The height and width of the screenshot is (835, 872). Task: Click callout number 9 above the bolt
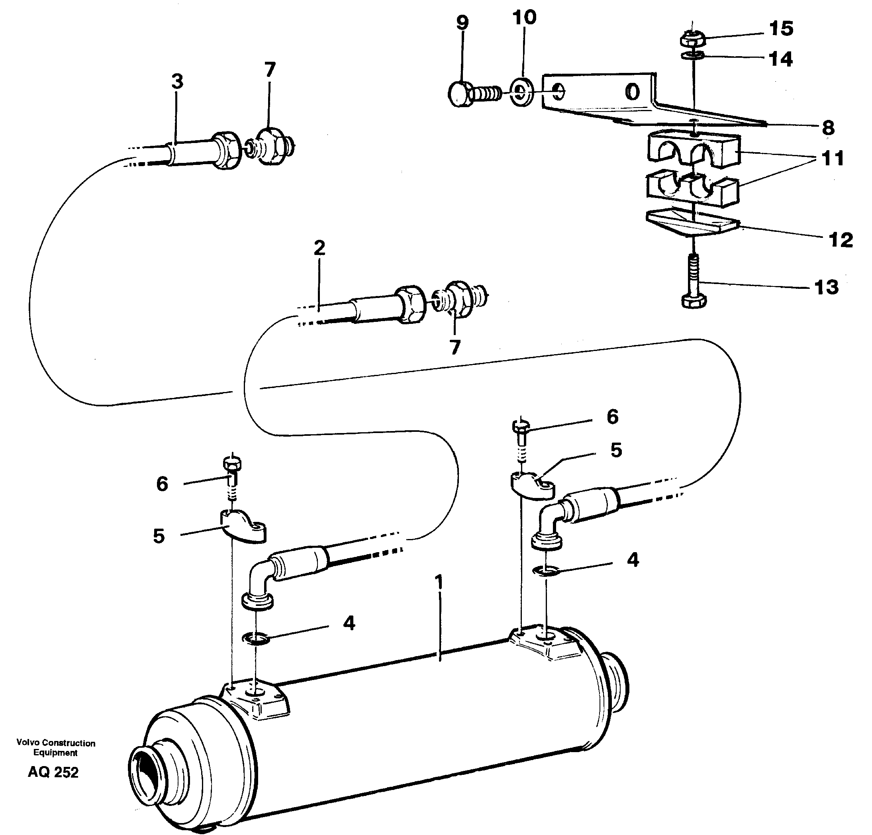pyautogui.click(x=462, y=23)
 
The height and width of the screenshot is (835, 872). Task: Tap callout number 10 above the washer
pyautogui.click(x=524, y=18)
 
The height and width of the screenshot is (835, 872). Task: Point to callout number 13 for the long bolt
pyautogui.click(x=826, y=287)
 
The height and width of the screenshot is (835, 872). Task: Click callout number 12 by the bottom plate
pyautogui.click(x=841, y=240)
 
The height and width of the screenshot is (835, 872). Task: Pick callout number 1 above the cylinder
pyautogui.click(x=439, y=582)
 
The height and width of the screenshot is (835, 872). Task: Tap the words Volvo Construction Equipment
pyautogui.click(x=56, y=748)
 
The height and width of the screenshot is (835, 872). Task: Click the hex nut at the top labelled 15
pyautogui.click(x=693, y=39)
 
